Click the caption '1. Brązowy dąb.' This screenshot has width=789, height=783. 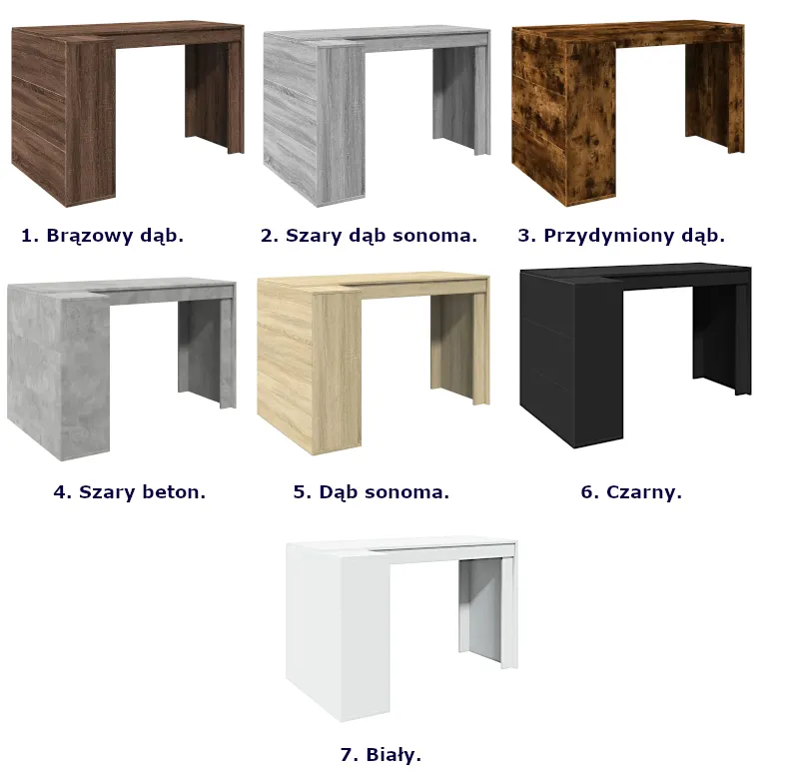[x=103, y=236]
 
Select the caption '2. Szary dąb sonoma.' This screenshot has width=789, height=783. [x=369, y=236]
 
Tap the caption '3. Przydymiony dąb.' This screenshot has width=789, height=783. [x=621, y=236]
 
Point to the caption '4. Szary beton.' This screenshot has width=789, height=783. [x=130, y=491]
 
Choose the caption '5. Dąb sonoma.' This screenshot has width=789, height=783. [x=372, y=491]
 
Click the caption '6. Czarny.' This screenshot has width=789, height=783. [x=631, y=491]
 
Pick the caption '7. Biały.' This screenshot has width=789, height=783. [x=381, y=754]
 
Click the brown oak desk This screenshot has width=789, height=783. [x=128, y=114]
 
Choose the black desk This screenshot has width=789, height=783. [x=635, y=355]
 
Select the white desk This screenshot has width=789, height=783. [x=401, y=630]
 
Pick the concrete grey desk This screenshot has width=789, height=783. [x=122, y=369]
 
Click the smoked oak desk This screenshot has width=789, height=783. [x=628, y=114]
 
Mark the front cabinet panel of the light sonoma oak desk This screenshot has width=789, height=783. [x=337, y=373]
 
